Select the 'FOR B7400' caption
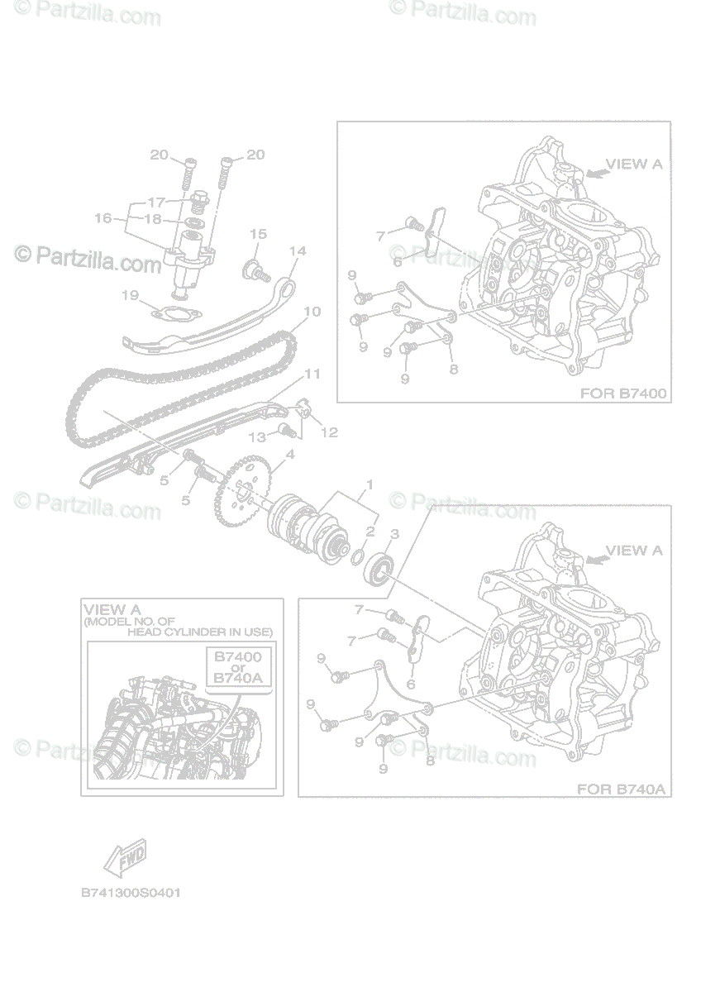pos(623,393)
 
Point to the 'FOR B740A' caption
pos(622,789)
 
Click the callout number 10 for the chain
pos(312,312)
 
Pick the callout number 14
pos(298,251)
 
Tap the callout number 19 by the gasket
pos(130,295)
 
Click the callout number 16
pos(103,218)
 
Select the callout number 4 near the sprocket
pos(290,455)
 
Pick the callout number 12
pos(330,432)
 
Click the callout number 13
pos(257,437)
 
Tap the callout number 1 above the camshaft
pos(370,485)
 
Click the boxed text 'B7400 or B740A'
pos(238,667)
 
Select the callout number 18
pos(153,219)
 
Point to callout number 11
pos(312,374)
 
